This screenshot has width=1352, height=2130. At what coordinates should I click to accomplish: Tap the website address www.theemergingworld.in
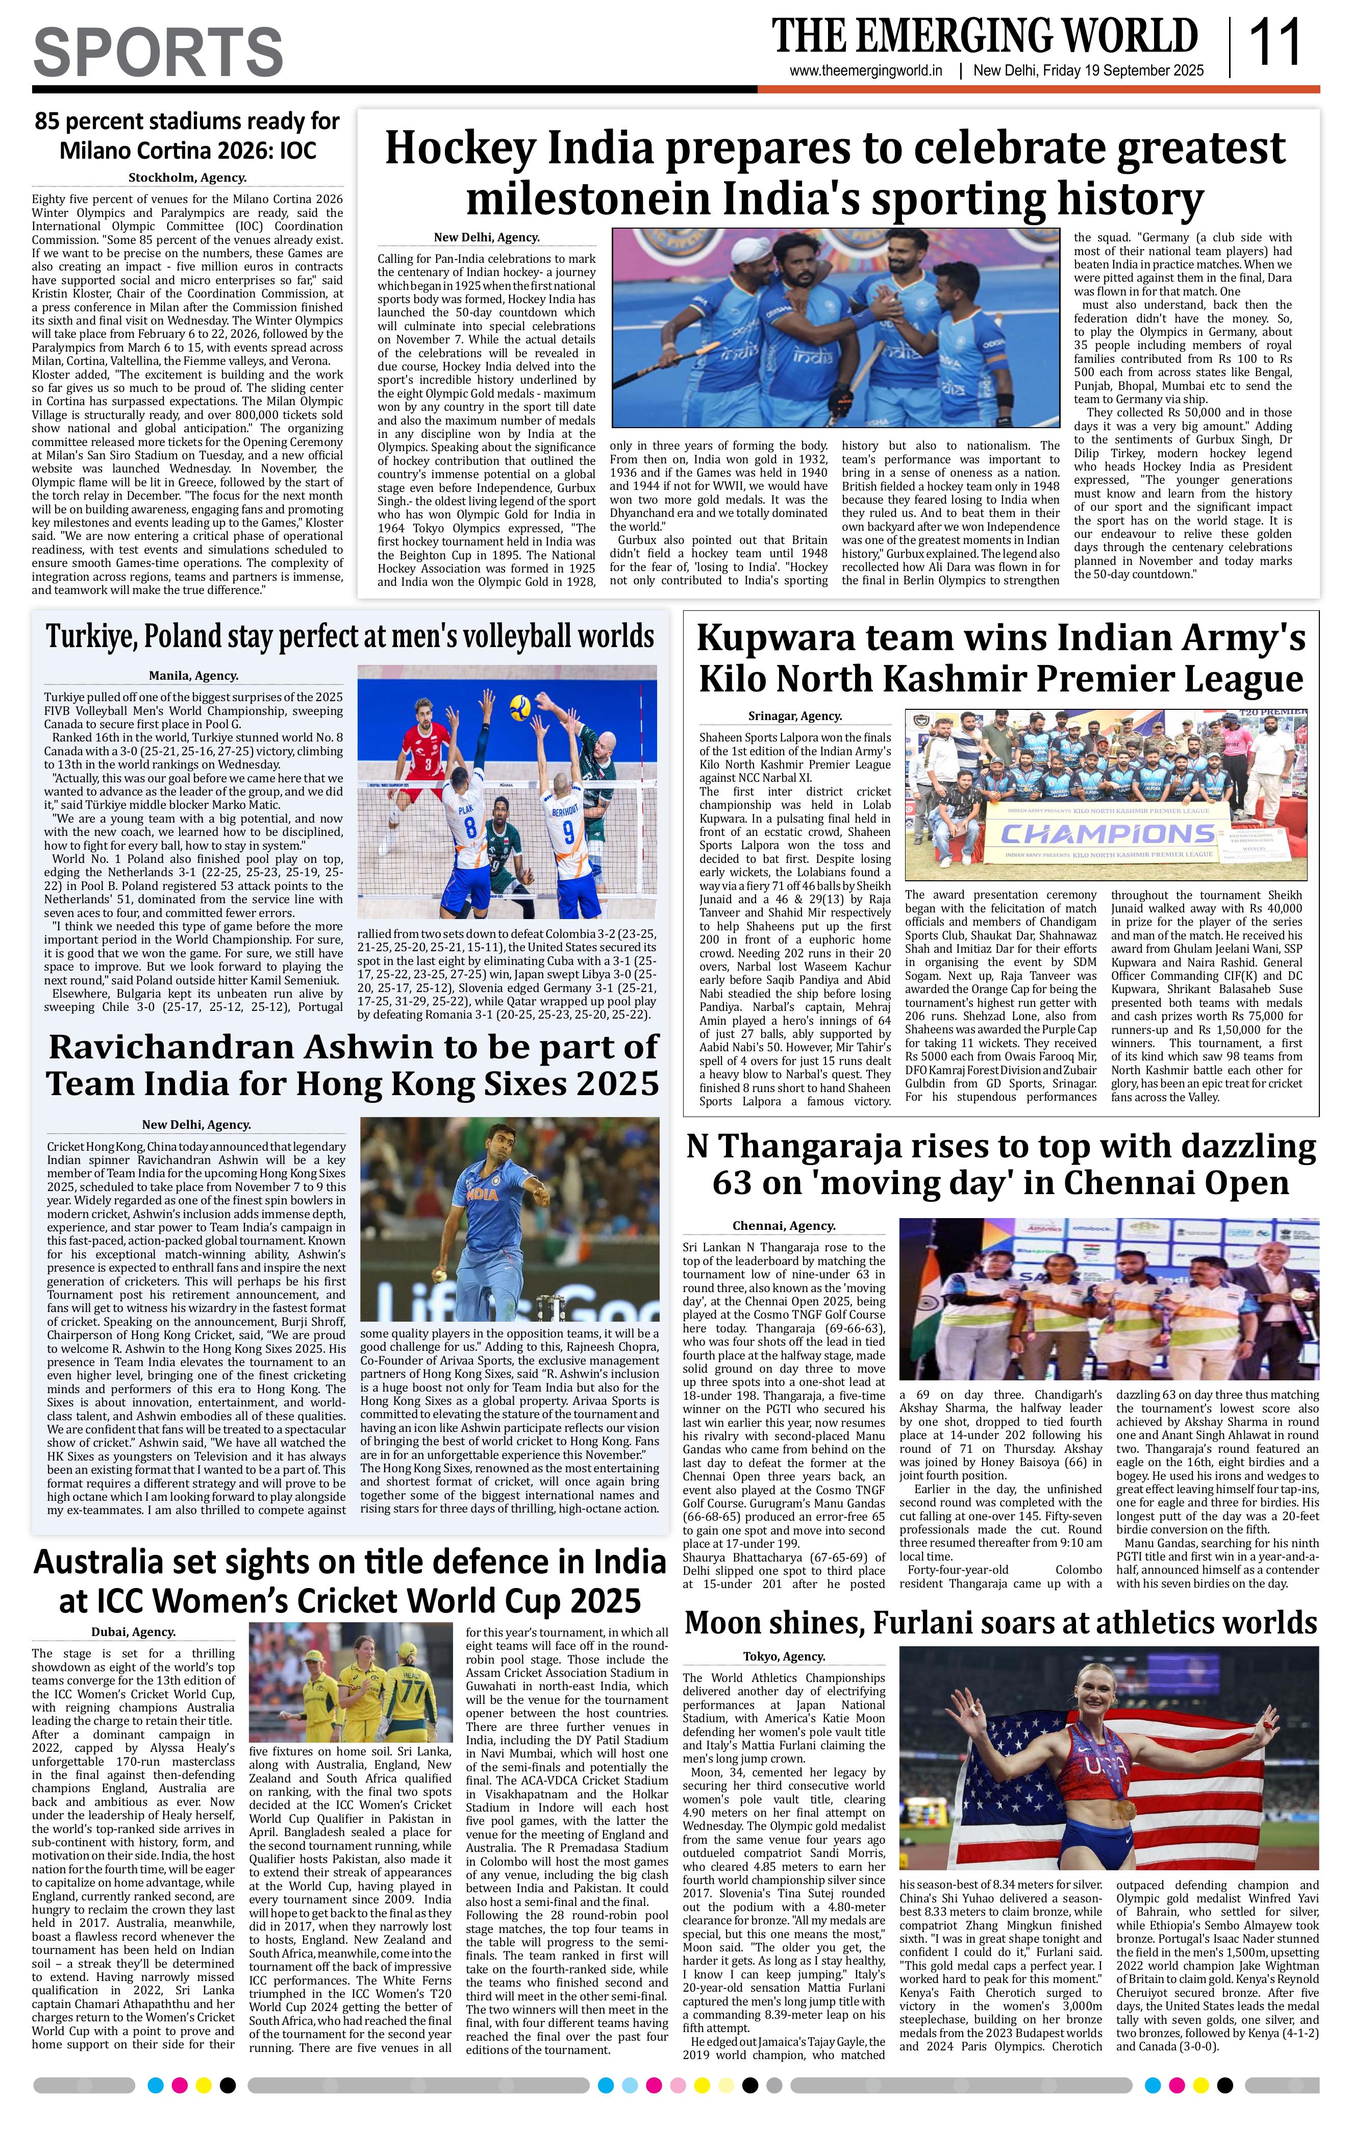click(x=866, y=71)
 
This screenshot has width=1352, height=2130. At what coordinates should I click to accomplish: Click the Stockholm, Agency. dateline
click(x=187, y=178)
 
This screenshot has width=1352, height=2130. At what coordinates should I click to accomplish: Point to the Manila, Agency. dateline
click(x=194, y=676)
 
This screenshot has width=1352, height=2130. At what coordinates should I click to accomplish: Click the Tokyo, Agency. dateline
click(x=784, y=1657)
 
